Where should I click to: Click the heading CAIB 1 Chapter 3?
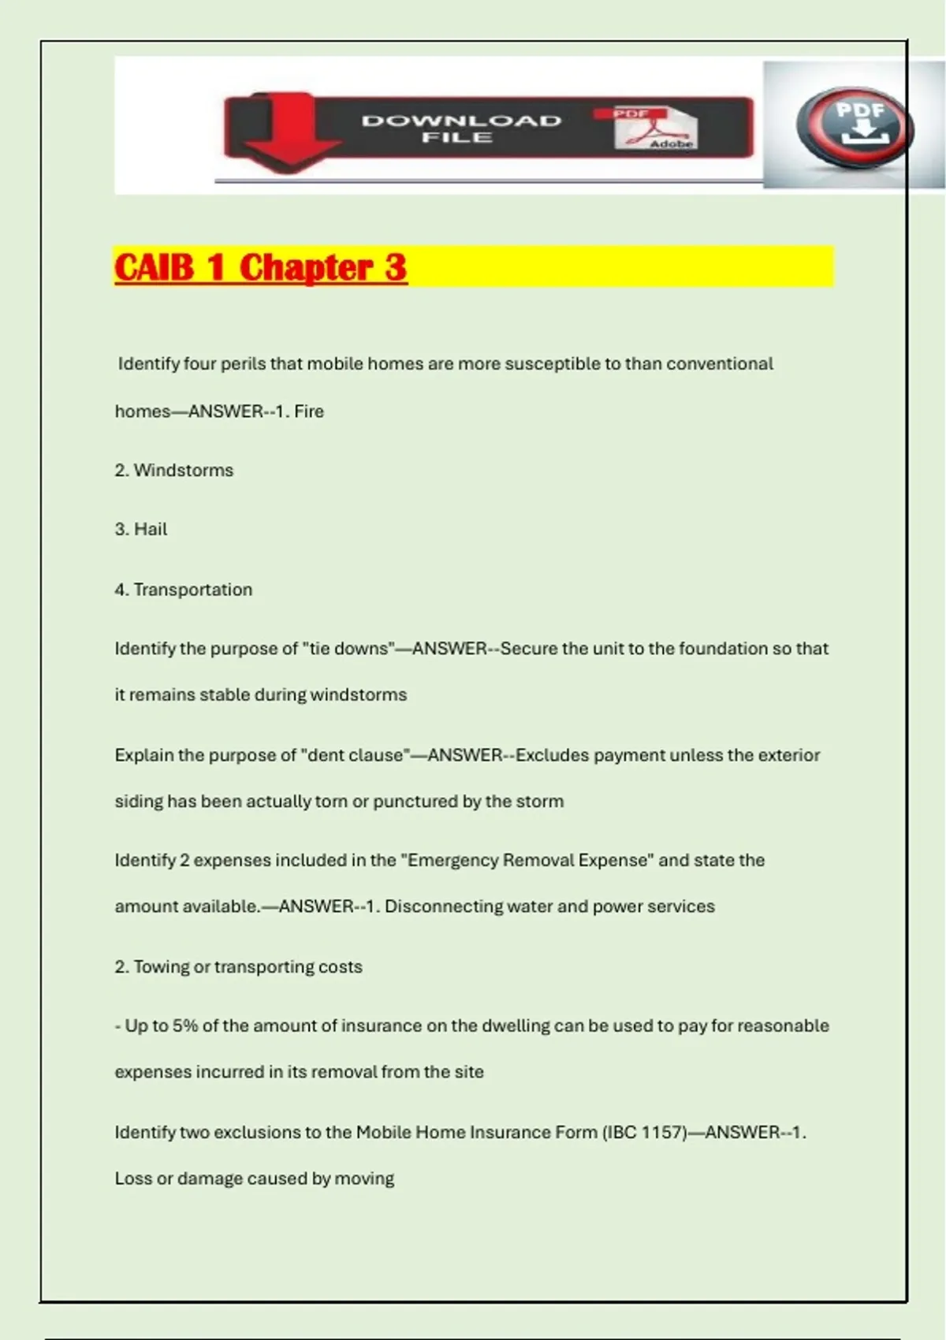(261, 267)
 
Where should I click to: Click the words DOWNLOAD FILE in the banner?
(461, 128)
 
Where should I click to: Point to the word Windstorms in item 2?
(184, 471)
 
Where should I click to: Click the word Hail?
(151, 530)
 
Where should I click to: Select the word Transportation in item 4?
(193, 590)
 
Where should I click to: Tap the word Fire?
(309, 411)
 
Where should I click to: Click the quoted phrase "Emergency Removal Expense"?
(527, 861)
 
